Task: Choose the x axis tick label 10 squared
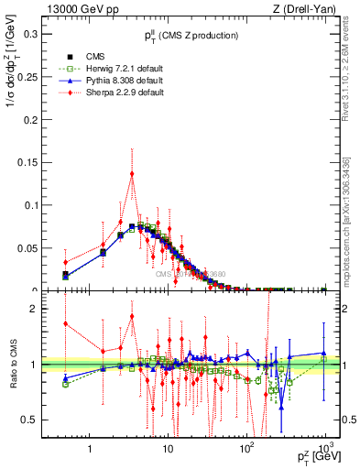coord(246,450)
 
